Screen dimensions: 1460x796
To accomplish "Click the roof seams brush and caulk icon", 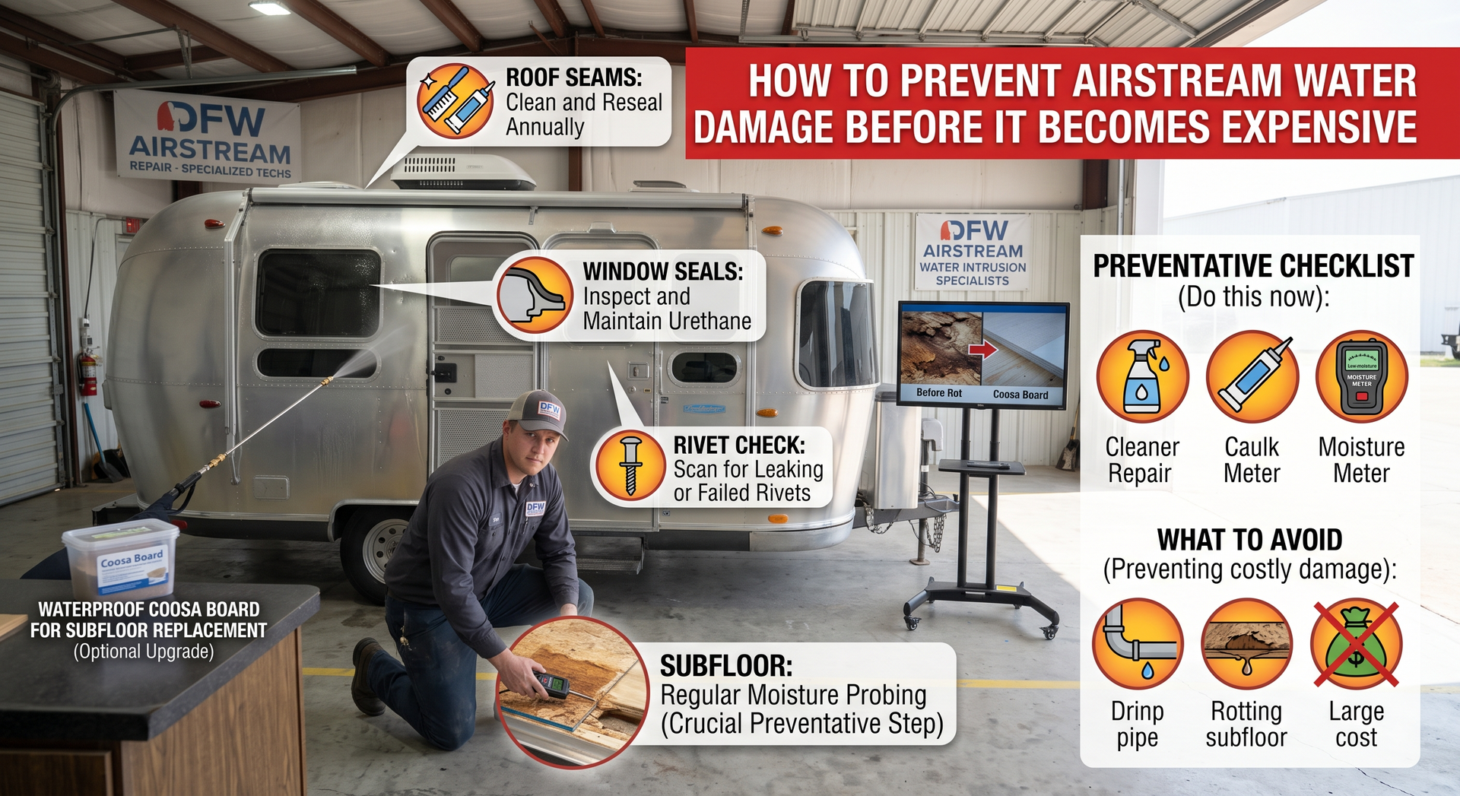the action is click(455, 101).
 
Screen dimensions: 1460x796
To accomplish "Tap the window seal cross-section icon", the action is click(534, 295).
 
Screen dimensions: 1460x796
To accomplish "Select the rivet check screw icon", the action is click(630, 465).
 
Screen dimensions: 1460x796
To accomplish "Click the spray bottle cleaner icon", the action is click(1142, 376).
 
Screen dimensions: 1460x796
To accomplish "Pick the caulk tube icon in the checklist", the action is click(1252, 376).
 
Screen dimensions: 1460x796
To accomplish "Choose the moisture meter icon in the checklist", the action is click(1362, 376).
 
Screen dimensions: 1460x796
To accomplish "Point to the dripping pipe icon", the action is click(1138, 643).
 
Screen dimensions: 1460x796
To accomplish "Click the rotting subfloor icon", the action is click(1247, 643).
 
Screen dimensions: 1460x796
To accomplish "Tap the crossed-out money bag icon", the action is click(1357, 643).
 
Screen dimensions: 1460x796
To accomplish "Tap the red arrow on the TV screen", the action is click(982, 350).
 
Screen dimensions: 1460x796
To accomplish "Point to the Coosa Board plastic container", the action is click(121, 559).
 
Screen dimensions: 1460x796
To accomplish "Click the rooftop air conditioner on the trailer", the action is click(463, 173).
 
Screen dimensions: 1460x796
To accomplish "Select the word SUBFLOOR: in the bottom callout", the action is click(726, 666).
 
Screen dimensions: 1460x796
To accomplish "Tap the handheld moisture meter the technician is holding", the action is click(553, 684).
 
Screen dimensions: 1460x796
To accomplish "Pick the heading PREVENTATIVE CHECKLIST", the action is click(1253, 266).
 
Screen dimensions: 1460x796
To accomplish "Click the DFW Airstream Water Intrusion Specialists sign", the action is click(973, 252).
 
